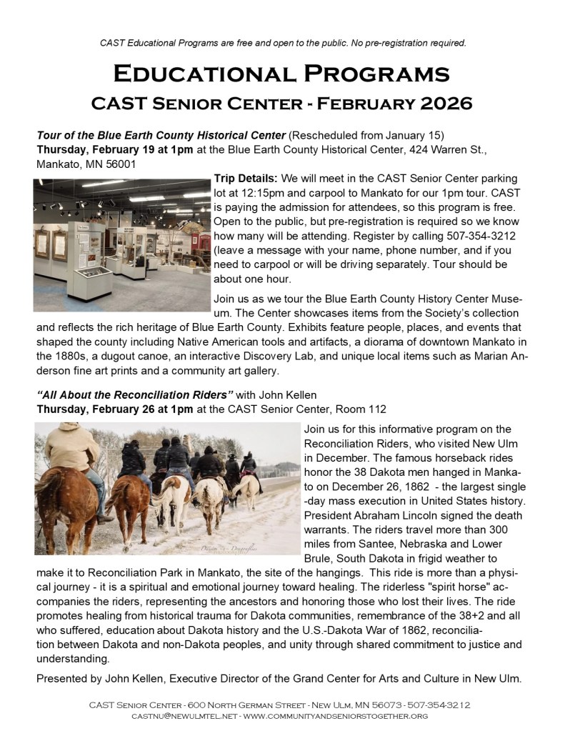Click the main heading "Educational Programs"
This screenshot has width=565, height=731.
tap(282, 74)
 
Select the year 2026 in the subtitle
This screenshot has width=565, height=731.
tap(446, 104)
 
